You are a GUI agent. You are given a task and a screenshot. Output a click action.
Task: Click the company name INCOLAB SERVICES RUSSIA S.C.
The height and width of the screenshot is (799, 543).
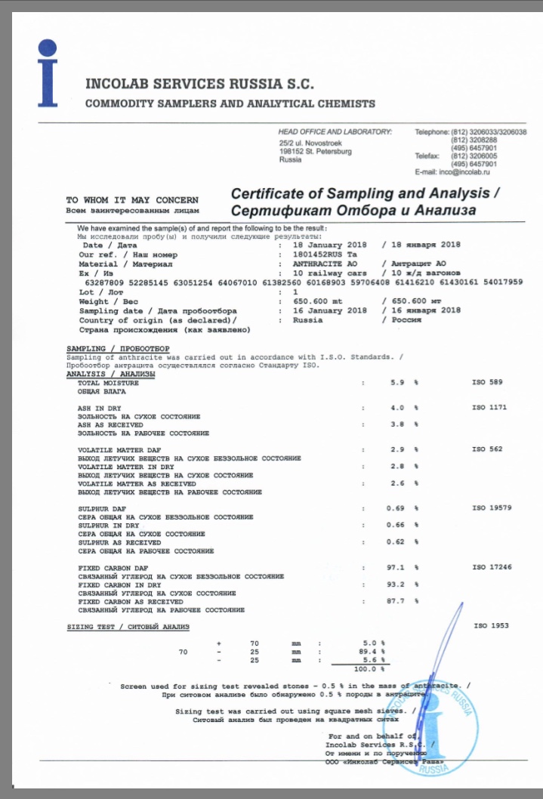199,84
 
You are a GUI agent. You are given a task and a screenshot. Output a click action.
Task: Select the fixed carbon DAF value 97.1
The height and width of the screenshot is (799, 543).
396,566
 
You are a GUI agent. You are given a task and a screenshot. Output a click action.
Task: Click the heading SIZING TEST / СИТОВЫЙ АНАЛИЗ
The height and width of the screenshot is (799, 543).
128,627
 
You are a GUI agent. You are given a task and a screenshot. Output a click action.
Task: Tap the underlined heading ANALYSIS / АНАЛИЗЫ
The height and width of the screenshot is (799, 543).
110,374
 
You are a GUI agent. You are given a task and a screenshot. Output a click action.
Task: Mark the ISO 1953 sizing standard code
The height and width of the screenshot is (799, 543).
491,626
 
